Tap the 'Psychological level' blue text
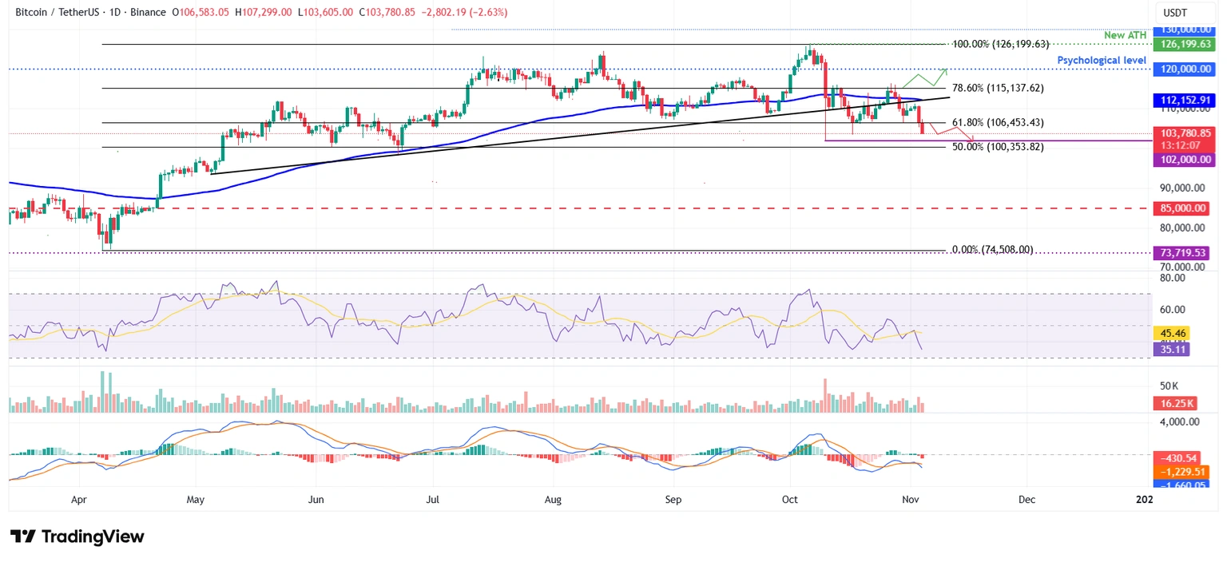coord(1102,61)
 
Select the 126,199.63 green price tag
coord(1184,45)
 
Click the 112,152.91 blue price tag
coord(1184,101)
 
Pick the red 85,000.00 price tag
coord(1184,208)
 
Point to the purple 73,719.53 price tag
coord(1184,252)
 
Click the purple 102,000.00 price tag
coord(1184,160)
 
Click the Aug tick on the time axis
coord(553,500)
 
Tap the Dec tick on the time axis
coord(1026,500)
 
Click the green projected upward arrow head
coord(946,69)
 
